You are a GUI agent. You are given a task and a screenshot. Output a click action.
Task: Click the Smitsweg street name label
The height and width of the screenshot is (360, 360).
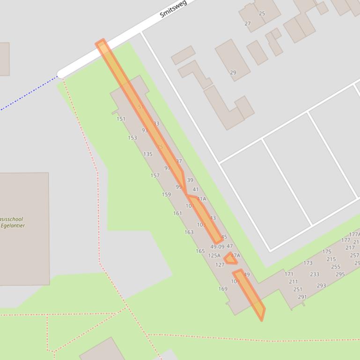[173, 8]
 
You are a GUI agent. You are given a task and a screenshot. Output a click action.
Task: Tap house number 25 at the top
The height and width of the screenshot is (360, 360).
[262, 14]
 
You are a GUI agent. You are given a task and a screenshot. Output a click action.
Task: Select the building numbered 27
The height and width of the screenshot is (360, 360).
[248, 23]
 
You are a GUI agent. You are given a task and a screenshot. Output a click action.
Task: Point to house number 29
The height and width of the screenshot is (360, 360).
[233, 72]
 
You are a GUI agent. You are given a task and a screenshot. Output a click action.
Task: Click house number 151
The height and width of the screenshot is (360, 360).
[121, 119]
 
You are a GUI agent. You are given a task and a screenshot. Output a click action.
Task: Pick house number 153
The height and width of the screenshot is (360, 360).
[132, 137]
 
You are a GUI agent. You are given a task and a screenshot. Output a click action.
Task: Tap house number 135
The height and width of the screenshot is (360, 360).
[148, 154]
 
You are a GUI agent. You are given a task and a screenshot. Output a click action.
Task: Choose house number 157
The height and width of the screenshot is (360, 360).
[155, 176]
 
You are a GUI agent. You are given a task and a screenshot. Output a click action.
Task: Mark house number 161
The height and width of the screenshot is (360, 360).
[177, 213]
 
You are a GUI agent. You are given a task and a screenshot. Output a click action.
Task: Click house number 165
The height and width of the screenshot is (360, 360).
[200, 251]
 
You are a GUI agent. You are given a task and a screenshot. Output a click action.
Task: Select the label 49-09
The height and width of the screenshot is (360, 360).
[217, 246]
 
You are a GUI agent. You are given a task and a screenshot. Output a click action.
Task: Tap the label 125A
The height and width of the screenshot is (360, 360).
[214, 256]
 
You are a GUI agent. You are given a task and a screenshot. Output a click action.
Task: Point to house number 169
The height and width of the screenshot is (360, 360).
[223, 288]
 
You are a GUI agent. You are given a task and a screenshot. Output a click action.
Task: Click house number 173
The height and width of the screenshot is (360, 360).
[308, 263]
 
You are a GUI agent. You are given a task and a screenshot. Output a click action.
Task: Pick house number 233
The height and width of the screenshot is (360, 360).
[315, 274]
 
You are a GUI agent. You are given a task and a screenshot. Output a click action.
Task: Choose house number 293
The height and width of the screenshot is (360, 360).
[321, 286]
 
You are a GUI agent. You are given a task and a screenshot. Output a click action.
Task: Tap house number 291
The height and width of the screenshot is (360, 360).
[302, 297]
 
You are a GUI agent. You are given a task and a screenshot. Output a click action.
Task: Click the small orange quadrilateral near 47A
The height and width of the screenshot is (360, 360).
[230, 259]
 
